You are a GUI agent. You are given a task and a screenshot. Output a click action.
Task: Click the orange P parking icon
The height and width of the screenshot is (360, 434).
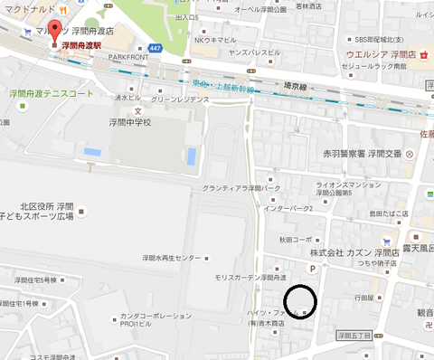[x=314, y=269]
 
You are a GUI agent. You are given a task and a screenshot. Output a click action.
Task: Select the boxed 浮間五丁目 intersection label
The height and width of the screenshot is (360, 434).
[x=355, y=336]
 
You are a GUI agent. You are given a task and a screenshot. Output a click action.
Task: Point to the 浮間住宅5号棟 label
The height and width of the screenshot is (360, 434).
[x=33, y=279]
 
